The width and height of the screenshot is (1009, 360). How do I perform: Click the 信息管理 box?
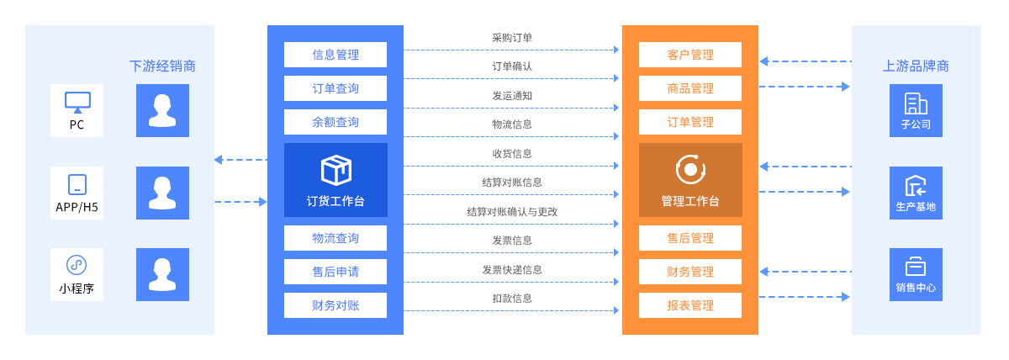pyautogui.click(x=335, y=55)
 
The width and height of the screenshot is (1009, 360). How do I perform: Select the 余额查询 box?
pyautogui.click(x=335, y=122)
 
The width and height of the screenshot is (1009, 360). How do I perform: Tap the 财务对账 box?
pyautogui.click(x=335, y=305)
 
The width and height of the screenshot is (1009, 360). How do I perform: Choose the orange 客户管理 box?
pyautogui.click(x=690, y=55)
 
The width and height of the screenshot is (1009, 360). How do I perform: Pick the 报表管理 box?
pyautogui.click(x=690, y=305)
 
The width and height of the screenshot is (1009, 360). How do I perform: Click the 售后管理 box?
pyautogui.click(x=690, y=238)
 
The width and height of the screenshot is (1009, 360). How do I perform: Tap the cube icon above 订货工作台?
pyautogui.click(x=336, y=170)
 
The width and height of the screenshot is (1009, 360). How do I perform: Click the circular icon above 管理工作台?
pyautogui.click(x=690, y=169)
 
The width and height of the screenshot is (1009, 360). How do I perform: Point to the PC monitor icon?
pyautogui.click(x=77, y=103)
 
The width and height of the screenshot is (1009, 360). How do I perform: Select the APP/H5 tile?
pyautogui.click(x=77, y=193)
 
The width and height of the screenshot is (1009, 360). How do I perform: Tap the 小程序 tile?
pyautogui.click(x=77, y=274)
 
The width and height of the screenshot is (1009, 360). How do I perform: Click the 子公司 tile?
pyautogui.click(x=916, y=110)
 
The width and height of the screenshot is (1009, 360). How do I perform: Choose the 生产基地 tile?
pyautogui.click(x=916, y=193)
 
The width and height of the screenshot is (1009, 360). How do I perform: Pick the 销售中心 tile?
pyautogui.click(x=916, y=274)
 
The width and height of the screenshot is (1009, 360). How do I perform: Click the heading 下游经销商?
pyautogui.click(x=162, y=66)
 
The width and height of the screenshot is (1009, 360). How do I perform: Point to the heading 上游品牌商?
pyautogui.click(x=916, y=66)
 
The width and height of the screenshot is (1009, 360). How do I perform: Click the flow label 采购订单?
pyautogui.click(x=512, y=38)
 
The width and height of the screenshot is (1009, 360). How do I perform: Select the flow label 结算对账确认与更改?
pyautogui.click(x=512, y=212)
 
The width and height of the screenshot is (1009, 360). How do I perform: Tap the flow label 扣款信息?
pyautogui.click(x=512, y=299)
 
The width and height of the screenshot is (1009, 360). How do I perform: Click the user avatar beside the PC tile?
pyautogui.click(x=162, y=110)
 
